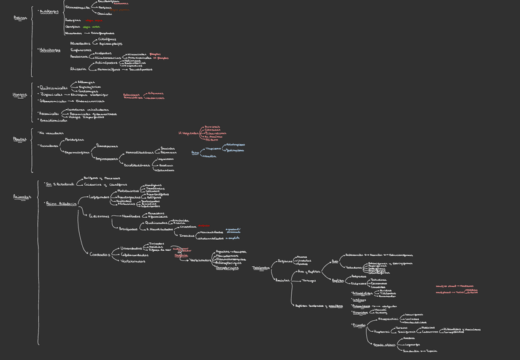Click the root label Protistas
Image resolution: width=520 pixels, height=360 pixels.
[x=20, y=18]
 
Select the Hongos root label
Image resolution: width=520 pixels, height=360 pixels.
[x=20, y=95]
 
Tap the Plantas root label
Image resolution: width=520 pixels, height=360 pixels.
[x=20, y=139]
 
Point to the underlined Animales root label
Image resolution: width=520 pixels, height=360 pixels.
[x=22, y=197]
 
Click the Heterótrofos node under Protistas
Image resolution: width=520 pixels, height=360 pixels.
[x=50, y=50]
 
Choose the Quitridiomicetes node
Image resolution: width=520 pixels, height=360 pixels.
[x=53, y=88]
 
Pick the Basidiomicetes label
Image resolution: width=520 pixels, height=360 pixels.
[x=53, y=120]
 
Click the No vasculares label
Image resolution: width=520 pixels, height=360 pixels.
[x=51, y=132]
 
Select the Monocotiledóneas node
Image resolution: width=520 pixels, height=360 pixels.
[x=139, y=152]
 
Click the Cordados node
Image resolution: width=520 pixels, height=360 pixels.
[x=100, y=255]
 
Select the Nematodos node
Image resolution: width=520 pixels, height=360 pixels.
[x=131, y=216]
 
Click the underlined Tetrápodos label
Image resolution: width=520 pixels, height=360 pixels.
[x=261, y=267]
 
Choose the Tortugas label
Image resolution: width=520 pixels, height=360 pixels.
[x=308, y=280]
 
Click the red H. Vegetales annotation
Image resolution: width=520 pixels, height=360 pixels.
[x=188, y=133]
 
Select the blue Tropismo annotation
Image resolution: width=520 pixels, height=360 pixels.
[x=213, y=148]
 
